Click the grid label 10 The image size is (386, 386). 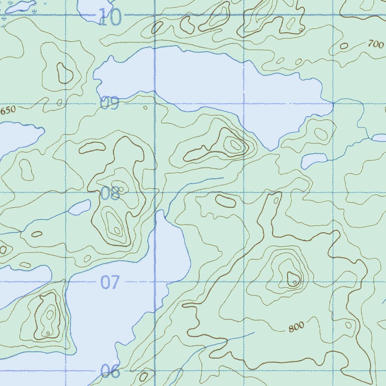click(x=110, y=17)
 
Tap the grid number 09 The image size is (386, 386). click(x=110, y=103)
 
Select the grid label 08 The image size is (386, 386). click(x=110, y=193)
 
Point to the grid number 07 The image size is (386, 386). click(x=110, y=282)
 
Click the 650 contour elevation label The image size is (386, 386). click(x=8, y=110)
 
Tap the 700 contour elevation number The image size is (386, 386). click(x=375, y=44)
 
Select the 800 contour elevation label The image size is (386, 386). click(x=296, y=328)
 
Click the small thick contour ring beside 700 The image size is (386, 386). click(x=344, y=46)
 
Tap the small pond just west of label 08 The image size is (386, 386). click(x=80, y=207)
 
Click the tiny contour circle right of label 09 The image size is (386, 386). click(x=145, y=107)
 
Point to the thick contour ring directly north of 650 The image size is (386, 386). click(x=64, y=73)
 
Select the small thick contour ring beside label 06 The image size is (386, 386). click(x=143, y=376)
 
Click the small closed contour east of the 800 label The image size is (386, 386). click(x=349, y=325)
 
